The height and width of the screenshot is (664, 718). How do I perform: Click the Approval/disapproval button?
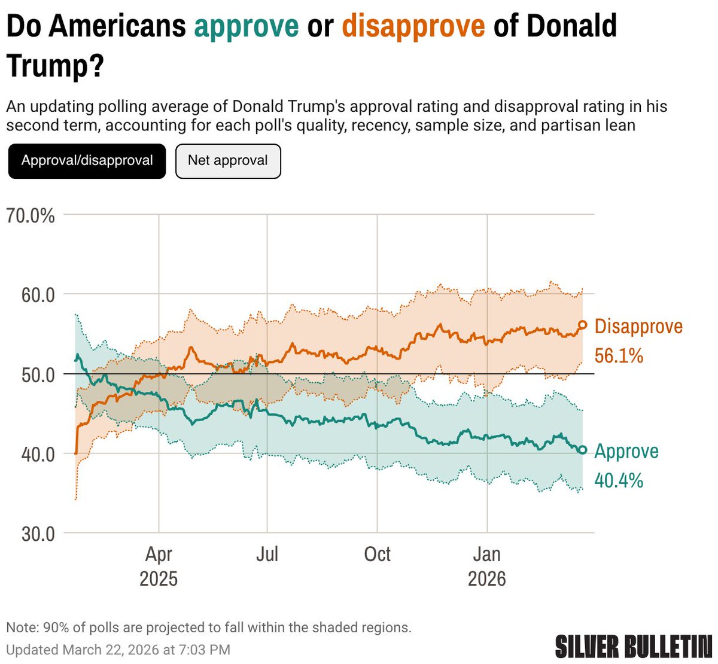pos(87,161)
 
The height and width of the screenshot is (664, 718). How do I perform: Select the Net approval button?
pos(228,161)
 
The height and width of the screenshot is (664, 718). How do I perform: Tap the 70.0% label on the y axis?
pos(31,215)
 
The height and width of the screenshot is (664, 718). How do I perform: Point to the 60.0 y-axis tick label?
pos(38,295)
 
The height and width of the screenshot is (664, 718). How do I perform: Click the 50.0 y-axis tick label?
pos(38,374)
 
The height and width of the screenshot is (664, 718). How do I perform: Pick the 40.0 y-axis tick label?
pos(38,454)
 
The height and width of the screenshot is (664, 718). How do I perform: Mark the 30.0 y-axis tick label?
pos(38,534)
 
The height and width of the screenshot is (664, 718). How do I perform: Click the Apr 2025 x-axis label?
pos(159,566)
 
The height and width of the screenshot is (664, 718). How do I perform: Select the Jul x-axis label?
pos(267,555)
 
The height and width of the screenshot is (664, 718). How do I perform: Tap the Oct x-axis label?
pos(377,555)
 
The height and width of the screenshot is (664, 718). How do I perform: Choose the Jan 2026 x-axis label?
pos(487,566)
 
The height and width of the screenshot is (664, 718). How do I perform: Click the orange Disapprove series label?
pos(638,327)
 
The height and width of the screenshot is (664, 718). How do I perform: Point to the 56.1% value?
pos(619,356)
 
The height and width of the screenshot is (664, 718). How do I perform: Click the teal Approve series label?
pos(626,451)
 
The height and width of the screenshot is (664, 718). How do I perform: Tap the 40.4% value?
pos(619,480)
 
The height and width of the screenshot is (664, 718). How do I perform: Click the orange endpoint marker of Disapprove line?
pos(582,325)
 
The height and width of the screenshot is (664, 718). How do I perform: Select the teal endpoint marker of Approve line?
pos(582,450)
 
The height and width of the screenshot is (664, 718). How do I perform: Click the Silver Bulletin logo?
pos(633,647)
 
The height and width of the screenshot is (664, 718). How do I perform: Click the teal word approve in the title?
pos(247,26)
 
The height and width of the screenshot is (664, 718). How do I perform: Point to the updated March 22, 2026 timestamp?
pos(118,650)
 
